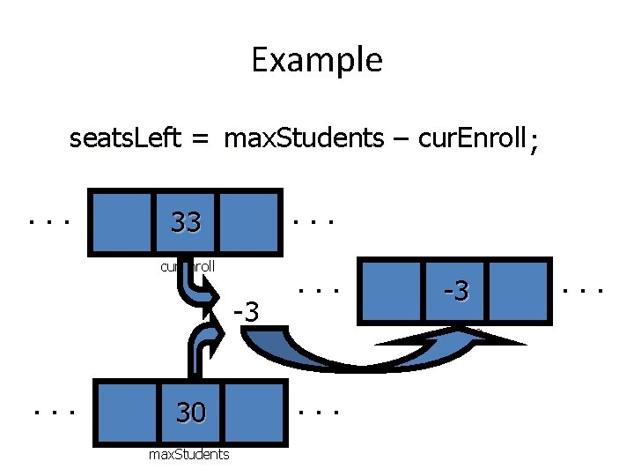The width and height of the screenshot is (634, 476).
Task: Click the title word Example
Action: pos(316,60)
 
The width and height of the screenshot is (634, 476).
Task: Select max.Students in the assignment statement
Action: pos(304,138)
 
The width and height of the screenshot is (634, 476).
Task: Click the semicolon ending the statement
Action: pos(531,141)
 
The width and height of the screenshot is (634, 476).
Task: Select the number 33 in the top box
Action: pos(186,222)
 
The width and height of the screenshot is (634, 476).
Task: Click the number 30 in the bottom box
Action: pos(190,412)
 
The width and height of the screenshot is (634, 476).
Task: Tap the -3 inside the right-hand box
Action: pos(456,288)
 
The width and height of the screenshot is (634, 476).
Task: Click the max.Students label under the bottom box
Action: pos(189,454)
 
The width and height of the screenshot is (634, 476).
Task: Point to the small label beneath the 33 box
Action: pos(188,265)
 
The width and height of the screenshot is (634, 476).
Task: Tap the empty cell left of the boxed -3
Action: pos(393,288)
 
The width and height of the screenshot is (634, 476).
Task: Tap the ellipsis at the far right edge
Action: pos(585,287)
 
